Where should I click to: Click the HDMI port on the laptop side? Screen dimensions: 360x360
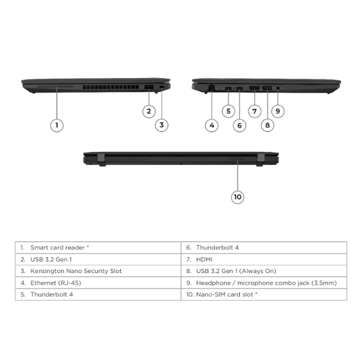click(254, 88)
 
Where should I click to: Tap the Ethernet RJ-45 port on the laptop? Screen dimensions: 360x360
click(211, 88)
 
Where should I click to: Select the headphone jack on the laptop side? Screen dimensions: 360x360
click(278, 88)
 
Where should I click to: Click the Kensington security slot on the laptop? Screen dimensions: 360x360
click(161, 87)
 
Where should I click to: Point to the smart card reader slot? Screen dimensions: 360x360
click(55, 86)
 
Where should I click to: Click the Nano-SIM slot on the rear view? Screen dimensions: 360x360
click(237, 160)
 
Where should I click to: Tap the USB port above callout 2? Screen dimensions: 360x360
click(149, 87)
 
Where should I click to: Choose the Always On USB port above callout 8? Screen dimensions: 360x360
click(267, 88)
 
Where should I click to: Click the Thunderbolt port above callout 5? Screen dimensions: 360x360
click(229, 88)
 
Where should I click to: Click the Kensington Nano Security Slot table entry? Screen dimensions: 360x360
click(76, 271)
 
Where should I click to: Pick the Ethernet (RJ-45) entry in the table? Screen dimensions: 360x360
click(56, 283)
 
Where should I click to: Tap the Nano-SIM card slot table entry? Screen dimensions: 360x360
click(227, 295)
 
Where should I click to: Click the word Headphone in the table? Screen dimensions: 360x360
click(213, 283)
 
